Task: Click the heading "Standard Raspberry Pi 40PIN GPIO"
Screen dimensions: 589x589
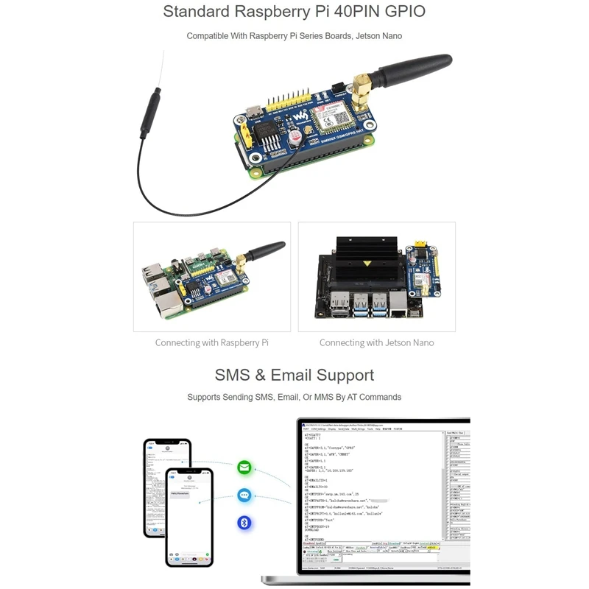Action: [294, 12]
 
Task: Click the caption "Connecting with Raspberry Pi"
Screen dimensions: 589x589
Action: [211, 343]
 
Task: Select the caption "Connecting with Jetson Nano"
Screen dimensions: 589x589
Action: [376, 343]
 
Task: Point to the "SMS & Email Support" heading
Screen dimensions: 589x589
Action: [294, 375]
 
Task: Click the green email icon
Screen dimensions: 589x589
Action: [244, 468]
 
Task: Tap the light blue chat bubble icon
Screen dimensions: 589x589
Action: [244, 495]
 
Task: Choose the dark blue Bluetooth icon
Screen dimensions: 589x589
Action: [244, 523]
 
